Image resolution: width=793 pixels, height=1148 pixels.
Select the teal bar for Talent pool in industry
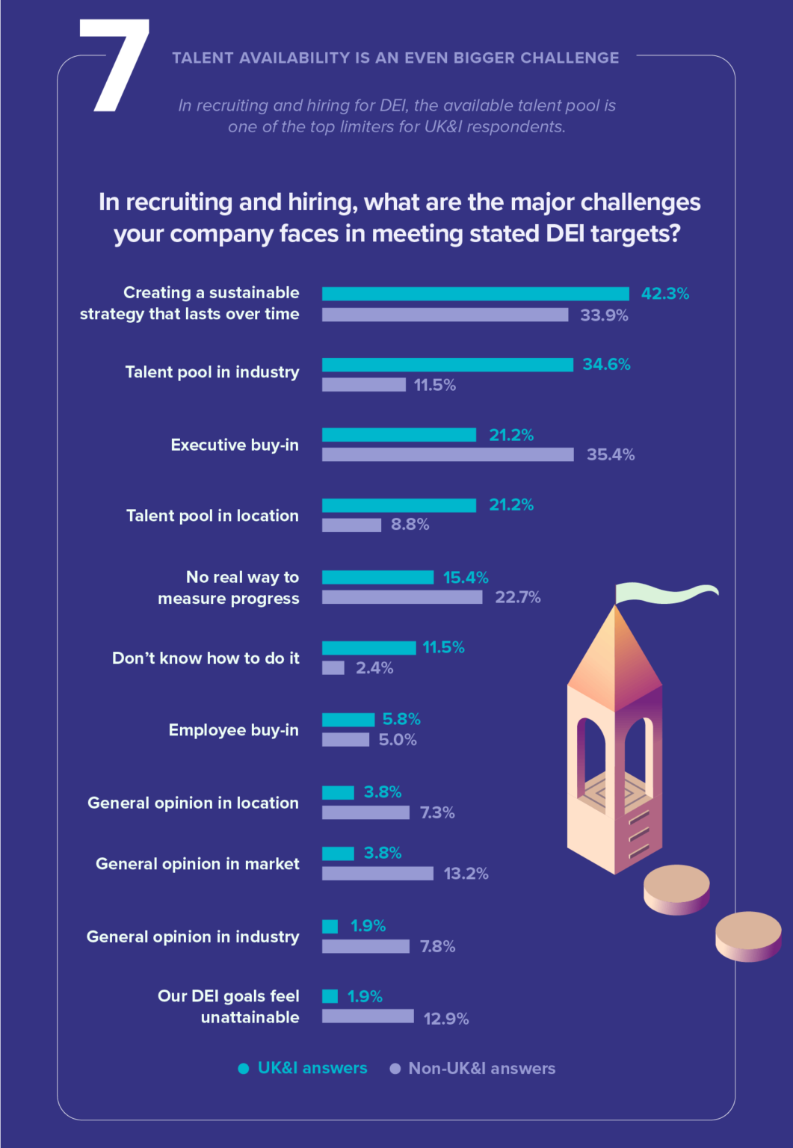coord(447,365)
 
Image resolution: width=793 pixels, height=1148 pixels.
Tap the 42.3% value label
coord(664,294)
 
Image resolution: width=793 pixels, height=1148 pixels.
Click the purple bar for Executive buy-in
coord(448,454)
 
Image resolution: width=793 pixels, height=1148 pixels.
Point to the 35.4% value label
coord(610,454)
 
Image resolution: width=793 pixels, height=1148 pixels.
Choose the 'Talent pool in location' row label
coord(212,516)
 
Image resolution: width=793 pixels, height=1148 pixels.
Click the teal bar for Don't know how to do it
coord(368,648)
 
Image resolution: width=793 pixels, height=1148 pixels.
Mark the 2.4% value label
coord(374,668)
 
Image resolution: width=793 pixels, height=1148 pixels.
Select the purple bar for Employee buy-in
coord(345,740)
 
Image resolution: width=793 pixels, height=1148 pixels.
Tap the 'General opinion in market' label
coord(197,864)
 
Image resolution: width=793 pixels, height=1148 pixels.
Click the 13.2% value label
coord(466,874)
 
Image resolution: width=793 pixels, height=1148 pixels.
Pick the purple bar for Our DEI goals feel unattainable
coord(368,1016)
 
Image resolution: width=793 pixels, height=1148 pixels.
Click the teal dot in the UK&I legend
coord(243,1069)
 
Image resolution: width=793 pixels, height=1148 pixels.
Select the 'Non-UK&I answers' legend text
coord(481,1069)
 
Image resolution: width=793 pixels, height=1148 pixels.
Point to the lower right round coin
coord(748,936)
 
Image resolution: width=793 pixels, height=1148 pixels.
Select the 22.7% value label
coord(517,597)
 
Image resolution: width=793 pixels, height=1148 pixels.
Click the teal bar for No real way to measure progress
coord(377,578)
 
